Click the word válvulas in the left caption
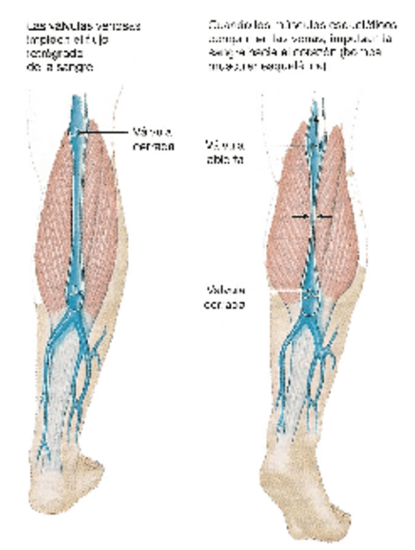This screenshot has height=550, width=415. coord(64,27)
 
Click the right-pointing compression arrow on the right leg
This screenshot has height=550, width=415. coord(298,216)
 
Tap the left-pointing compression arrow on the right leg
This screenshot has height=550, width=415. coord(325,216)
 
